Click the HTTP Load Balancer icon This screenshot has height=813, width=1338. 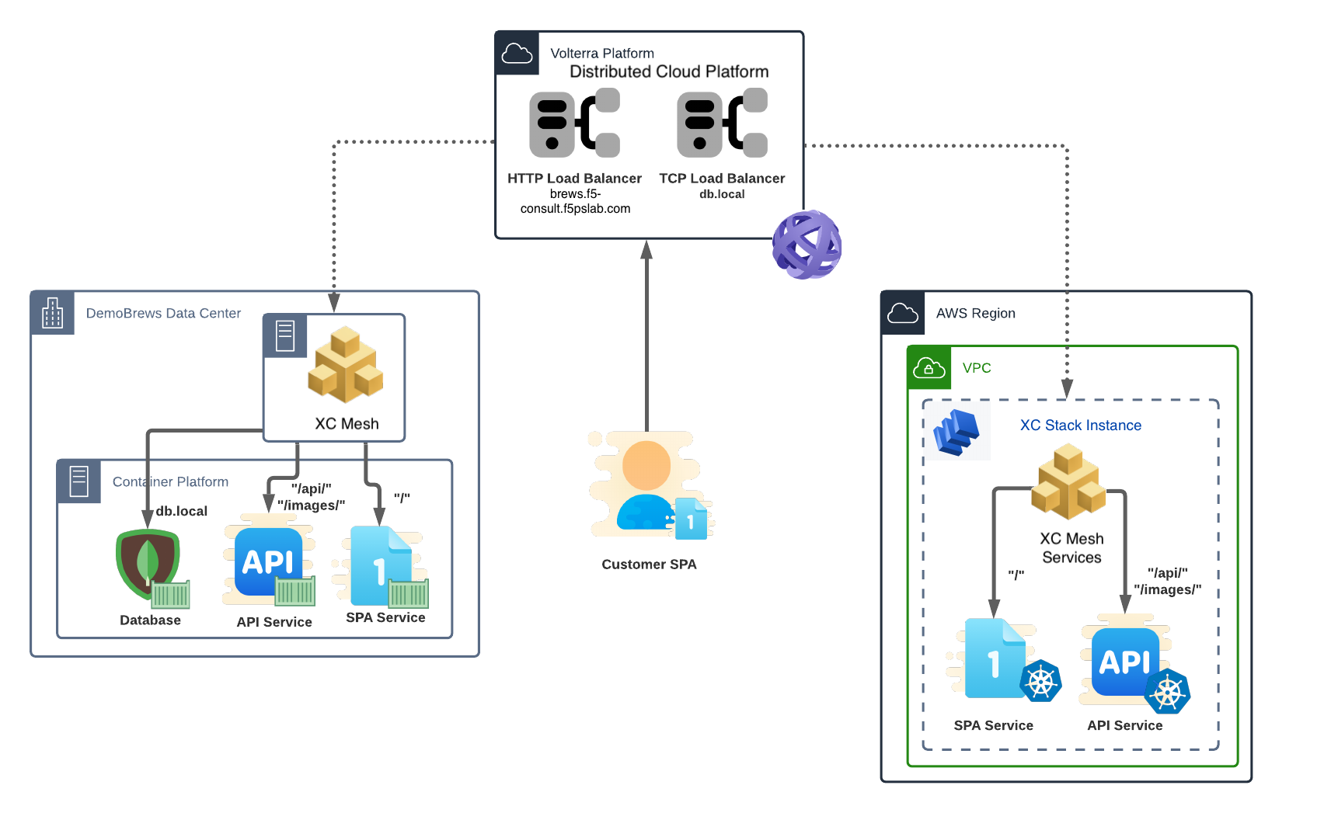tap(574, 123)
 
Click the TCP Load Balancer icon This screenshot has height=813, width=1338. tap(722, 123)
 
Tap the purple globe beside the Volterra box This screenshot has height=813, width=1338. tap(807, 245)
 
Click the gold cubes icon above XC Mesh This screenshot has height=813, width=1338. tap(345, 365)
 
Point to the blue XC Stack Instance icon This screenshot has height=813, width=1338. tap(956, 432)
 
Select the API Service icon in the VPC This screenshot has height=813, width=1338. tap(1127, 662)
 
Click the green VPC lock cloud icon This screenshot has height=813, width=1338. tap(929, 367)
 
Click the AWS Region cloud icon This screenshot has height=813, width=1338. tap(903, 313)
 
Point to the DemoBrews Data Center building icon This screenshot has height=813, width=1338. tap(53, 313)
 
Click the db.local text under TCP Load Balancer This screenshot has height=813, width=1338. tap(722, 194)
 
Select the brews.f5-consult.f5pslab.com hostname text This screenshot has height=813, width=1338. tap(575, 201)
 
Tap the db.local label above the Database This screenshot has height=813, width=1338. tap(182, 511)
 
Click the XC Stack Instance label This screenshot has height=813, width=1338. tap(1080, 426)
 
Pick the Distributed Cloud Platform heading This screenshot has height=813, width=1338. tap(669, 71)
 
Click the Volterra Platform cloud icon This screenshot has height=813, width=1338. tap(517, 54)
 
